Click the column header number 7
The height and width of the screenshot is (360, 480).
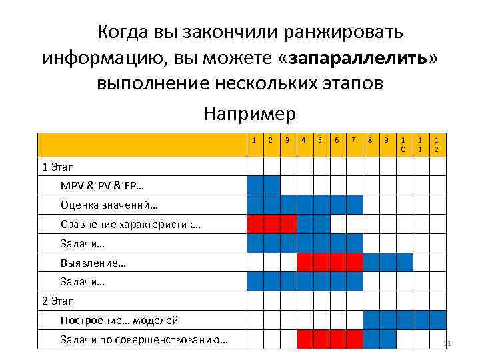click(x=354, y=140)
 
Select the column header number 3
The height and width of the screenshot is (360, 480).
click(x=287, y=140)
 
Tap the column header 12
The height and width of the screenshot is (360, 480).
click(x=437, y=145)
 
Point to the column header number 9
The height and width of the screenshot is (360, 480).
click(x=387, y=140)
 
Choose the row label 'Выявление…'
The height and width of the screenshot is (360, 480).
click(x=93, y=263)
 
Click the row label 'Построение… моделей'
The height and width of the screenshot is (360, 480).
click(x=119, y=321)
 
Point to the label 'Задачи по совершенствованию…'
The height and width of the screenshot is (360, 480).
click(x=144, y=340)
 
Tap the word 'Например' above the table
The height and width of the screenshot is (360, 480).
click(x=249, y=114)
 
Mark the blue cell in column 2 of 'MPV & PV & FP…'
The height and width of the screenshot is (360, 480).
click(x=271, y=185)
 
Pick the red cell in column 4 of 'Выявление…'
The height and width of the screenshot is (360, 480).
click(x=305, y=263)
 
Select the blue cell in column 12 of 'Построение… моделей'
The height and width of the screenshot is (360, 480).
click(x=437, y=321)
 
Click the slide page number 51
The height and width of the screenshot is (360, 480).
click(x=447, y=343)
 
